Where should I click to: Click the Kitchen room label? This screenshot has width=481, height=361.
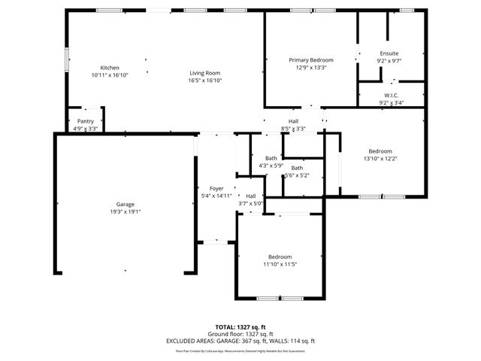110,68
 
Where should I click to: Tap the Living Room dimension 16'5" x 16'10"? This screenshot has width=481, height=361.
204,80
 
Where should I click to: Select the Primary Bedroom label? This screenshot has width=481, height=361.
311,60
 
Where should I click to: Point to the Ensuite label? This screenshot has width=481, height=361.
389,53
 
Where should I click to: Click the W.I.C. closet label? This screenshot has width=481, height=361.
391,96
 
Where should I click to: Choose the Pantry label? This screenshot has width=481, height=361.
85,121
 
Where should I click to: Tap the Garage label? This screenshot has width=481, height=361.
125,205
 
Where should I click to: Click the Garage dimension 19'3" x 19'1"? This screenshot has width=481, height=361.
125,211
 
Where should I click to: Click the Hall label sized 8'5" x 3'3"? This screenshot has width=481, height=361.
295,121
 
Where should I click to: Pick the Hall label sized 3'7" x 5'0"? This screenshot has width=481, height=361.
250,196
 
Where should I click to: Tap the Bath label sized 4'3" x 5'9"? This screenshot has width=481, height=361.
271,158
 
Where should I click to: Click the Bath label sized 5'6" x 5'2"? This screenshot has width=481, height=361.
297,168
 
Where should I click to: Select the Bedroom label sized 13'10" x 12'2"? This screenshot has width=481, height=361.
378,151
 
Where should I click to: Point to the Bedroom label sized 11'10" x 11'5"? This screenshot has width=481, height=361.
280,257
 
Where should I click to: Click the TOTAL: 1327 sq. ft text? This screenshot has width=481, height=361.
240,328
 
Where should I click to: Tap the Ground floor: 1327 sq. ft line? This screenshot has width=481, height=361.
240,334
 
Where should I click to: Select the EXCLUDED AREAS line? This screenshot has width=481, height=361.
240,341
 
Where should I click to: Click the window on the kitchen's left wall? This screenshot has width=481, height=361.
65,60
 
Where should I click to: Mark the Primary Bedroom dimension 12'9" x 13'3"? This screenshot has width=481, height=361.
311,67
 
